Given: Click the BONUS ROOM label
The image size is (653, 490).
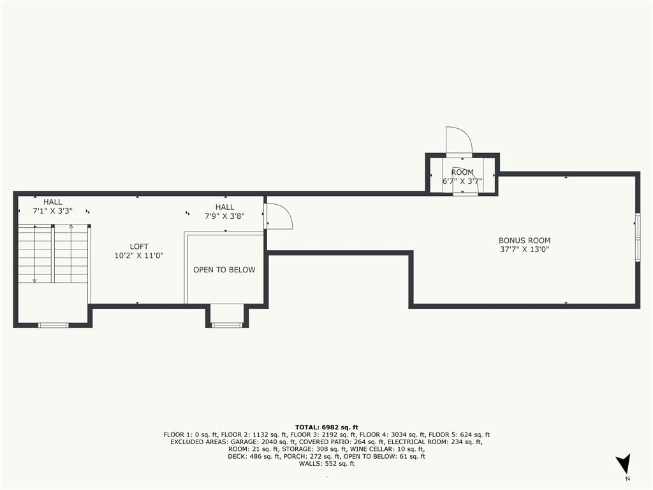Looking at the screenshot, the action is [524, 241].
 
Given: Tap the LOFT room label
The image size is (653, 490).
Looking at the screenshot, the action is [139, 247].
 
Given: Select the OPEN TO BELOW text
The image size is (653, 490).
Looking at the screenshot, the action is [224, 270].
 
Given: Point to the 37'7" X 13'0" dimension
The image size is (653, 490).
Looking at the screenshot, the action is [524, 249].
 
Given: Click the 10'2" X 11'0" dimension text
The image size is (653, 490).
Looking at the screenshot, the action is [139, 255].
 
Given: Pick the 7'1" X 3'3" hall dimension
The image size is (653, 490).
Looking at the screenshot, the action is [52, 211].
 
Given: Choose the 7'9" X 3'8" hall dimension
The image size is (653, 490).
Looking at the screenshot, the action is [224, 216].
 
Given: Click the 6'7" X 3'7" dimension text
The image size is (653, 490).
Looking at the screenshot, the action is [462, 181].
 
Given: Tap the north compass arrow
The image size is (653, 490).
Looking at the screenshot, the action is [624, 463].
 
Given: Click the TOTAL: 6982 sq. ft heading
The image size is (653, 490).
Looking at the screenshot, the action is [326, 427].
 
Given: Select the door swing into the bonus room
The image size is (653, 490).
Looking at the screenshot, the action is [279, 216].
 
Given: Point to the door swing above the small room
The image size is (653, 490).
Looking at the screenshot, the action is [459, 140].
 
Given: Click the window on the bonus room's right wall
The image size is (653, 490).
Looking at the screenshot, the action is [638, 237].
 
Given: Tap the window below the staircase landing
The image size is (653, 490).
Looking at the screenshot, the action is [54, 325].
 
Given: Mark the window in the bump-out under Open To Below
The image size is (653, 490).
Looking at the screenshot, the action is [227, 325].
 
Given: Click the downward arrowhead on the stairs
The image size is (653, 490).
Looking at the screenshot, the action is [34, 281].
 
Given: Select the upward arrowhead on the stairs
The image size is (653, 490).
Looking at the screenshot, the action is [71, 226].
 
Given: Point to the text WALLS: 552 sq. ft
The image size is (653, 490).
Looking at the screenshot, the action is [326, 463].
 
